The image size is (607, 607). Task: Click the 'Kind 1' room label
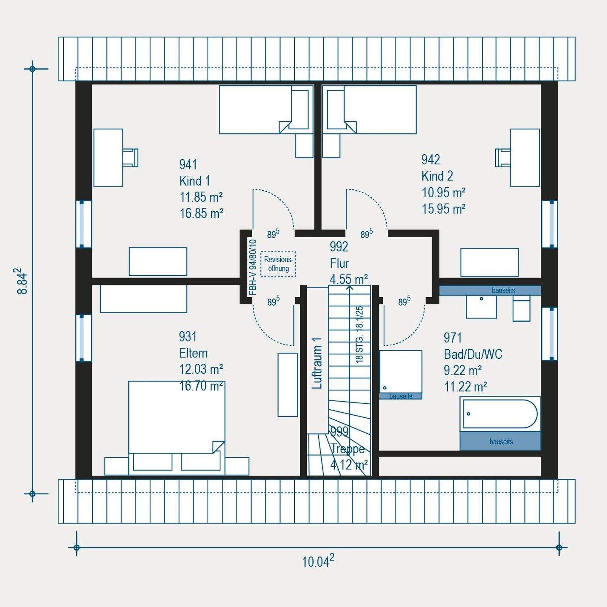(194, 181)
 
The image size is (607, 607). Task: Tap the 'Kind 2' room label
(437, 176)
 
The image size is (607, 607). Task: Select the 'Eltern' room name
(193, 353)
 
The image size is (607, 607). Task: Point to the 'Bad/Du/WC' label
(473, 355)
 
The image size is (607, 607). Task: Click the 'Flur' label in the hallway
(339, 263)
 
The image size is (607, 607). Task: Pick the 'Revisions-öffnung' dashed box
(278, 264)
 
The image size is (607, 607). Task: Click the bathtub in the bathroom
(500, 414)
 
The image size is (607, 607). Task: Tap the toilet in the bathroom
(521, 308)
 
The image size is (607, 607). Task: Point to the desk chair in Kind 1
(130, 158)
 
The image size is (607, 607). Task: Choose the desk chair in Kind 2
(503, 158)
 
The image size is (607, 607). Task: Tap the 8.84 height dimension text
(23, 281)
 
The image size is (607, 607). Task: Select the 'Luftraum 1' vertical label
(317, 363)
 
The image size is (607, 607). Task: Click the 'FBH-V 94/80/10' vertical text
(252, 267)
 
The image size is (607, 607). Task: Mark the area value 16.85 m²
(201, 214)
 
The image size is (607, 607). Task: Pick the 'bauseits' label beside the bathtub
(501, 442)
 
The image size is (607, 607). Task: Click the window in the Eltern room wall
(83, 337)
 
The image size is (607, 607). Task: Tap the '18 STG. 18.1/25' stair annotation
(360, 335)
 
